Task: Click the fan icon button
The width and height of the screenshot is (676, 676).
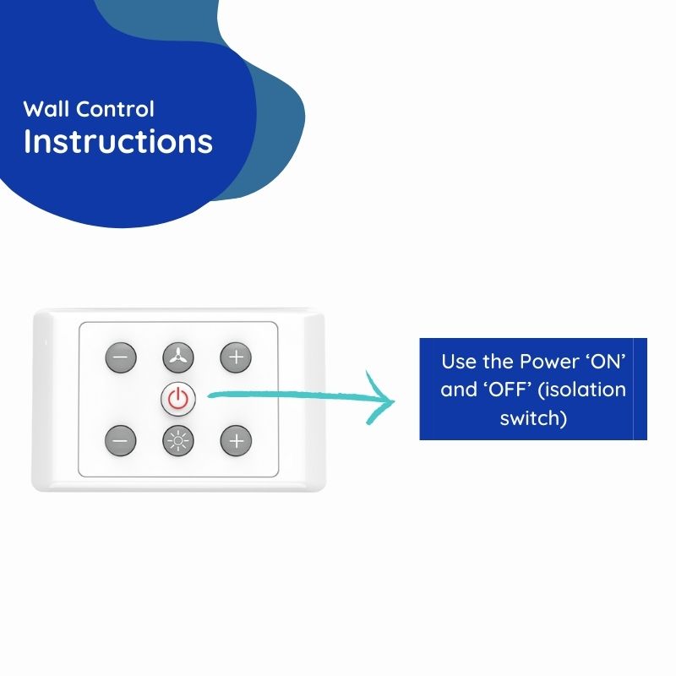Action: [x=178, y=357]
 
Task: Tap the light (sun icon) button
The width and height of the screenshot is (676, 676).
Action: [x=178, y=440]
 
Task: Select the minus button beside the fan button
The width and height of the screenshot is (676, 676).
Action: [x=121, y=357]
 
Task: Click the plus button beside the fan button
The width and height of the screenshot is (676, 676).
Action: [x=236, y=357]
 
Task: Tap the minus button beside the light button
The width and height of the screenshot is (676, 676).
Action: [x=121, y=440]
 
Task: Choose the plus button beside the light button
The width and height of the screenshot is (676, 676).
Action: [x=236, y=440]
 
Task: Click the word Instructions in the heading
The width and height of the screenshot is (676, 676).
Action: [x=118, y=141]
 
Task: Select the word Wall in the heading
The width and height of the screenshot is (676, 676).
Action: [x=46, y=109]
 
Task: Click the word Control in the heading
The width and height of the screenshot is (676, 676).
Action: [x=115, y=109]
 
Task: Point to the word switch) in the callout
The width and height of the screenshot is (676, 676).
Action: [x=533, y=418]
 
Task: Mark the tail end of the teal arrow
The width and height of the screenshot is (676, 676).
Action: [x=209, y=395]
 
